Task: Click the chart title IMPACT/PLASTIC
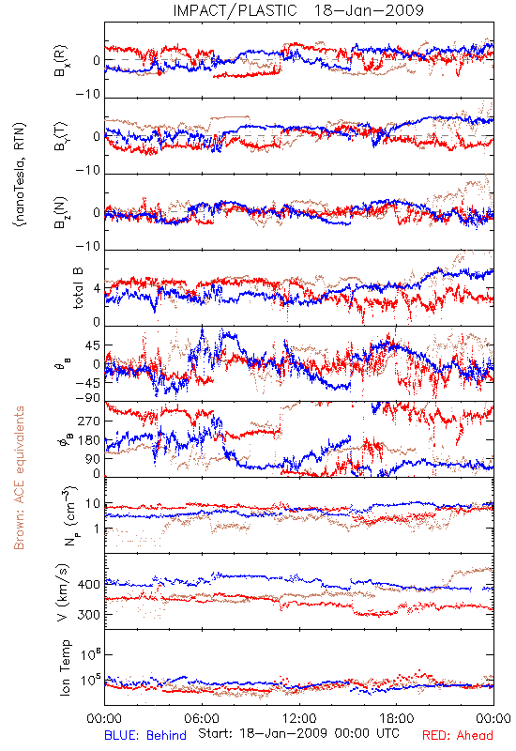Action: [235, 10]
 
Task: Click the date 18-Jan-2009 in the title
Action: [369, 10]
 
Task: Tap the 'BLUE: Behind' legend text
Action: [145, 735]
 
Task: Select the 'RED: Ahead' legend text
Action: [458, 735]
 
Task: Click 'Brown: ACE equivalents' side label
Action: [19, 478]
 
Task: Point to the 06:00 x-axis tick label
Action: [202, 718]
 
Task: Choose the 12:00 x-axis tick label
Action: [299, 718]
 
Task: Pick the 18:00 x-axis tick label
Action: [397, 718]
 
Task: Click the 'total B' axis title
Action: [78, 288]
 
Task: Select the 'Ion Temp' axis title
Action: [65, 667]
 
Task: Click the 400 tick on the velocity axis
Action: [89, 584]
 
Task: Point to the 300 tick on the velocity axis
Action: [89, 614]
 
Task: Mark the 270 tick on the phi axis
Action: [89, 421]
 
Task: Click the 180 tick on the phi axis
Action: [89, 440]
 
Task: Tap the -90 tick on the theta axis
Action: [87, 397]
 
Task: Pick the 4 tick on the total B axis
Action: [98, 289]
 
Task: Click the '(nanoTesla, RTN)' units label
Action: [20, 175]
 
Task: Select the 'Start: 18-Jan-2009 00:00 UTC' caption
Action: [298, 733]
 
